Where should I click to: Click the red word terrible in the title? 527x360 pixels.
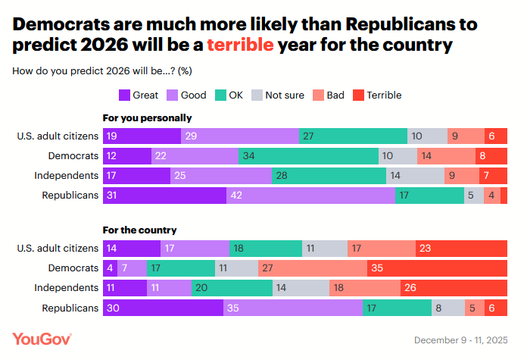tap(240, 45)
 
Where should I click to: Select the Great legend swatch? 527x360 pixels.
tap(124, 95)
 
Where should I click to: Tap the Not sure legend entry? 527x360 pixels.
tap(278, 95)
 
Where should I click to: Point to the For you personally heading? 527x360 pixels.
tap(147, 118)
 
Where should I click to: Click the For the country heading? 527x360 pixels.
tap(140, 230)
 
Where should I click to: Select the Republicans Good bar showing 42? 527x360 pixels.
tap(310, 195)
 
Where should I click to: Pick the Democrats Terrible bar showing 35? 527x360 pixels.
tap(437, 268)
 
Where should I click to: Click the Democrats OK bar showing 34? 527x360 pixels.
tap(308, 155)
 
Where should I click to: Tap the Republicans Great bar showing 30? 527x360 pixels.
tap(163, 308)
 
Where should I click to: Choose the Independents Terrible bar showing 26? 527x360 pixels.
tap(454, 287)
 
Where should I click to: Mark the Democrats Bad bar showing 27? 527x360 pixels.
tap(312, 268)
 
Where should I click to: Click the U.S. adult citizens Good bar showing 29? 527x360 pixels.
tap(240, 136)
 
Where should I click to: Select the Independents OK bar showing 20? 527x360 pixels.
tap(232, 287)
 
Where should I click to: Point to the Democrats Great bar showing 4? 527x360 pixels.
tap(109, 268)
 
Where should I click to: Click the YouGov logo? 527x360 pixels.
tap(42, 338)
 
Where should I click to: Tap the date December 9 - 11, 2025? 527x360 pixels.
tap(463, 339)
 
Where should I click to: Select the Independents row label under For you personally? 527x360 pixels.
tap(67, 175)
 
